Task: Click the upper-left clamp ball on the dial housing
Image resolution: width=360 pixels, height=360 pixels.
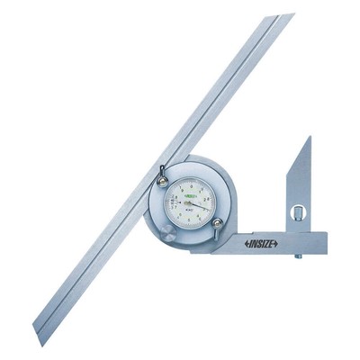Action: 163,182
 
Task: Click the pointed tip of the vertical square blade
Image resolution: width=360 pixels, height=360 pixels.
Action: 310,138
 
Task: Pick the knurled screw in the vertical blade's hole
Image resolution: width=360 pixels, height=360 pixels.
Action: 296,213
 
